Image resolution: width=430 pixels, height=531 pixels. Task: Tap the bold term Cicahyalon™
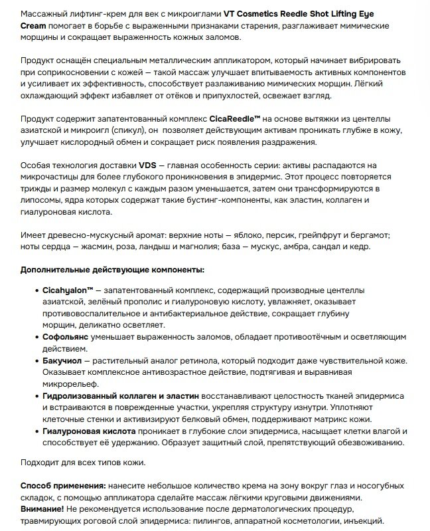tap(67, 291)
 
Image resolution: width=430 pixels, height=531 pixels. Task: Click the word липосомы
tap(42, 199)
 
